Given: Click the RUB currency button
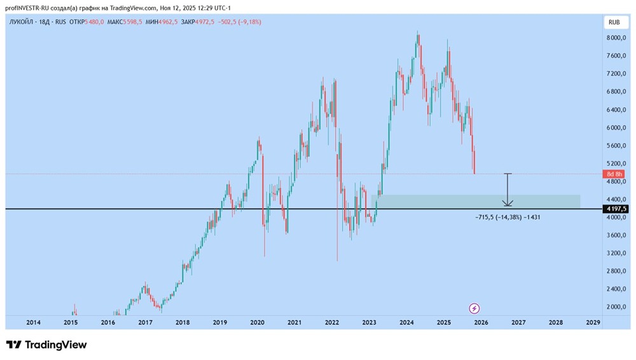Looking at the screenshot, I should click(x=614, y=22).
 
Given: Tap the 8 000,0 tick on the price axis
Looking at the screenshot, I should click(x=616, y=38).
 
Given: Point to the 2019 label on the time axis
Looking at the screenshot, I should click(x=219, y=322).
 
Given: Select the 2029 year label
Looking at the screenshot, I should click(x=593, y=322).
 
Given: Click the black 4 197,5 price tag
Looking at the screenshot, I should click(x=616, y=209).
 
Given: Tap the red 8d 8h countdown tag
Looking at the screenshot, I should click(x=615, y=174).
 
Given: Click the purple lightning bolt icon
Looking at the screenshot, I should click(x=474, y=308).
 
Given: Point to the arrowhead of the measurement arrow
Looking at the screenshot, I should click(x=507, y=204).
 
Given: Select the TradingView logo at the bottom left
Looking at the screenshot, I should click(x=46, y=345).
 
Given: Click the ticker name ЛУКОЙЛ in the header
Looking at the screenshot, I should click(x=22, y=22).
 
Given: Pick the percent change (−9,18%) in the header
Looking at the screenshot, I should click(x=249, y=22).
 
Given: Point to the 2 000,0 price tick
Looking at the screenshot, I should click(x=616, y=307).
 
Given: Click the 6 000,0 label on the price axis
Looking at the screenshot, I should click(x=616, y=127).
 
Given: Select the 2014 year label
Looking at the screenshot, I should click(x=34, y=322).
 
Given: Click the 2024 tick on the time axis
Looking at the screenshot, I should click(x=407, y=322).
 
